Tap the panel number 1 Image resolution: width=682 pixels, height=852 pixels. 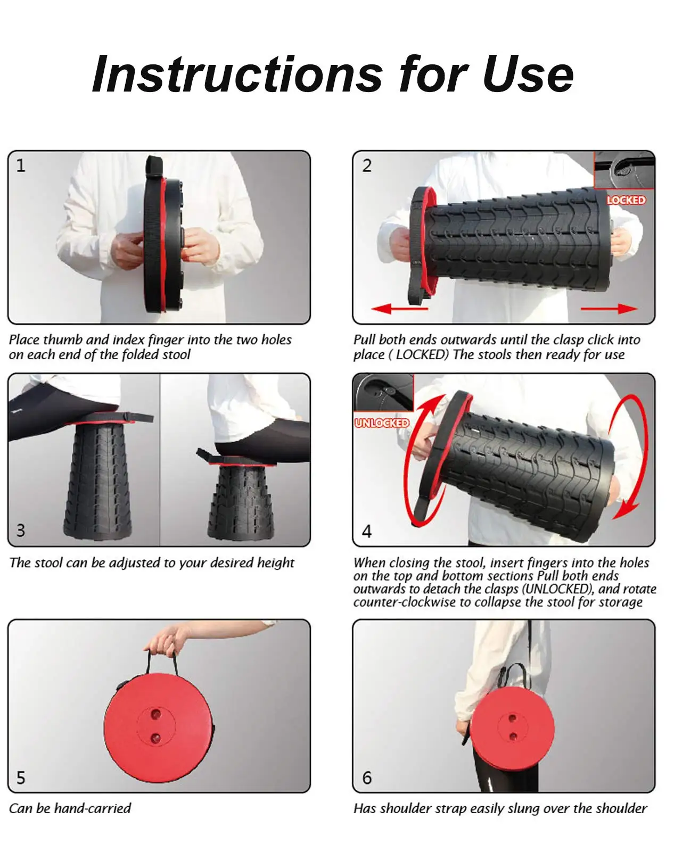tap(21, 166)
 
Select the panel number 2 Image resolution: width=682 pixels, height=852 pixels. tap(367, 166)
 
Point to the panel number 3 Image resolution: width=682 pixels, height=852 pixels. tap(21, 530)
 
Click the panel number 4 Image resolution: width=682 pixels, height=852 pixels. tap(367, 531)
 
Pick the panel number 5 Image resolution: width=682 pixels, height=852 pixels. tap(21, 777)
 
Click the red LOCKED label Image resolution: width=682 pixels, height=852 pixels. tap(626, 200)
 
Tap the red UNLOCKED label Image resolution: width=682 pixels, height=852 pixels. tap(382, 423)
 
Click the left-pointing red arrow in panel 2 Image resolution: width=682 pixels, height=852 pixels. tap(400, 309)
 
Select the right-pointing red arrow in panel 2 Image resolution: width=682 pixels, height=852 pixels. tap(609, 309)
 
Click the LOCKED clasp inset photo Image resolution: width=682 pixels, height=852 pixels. tap(624, 171)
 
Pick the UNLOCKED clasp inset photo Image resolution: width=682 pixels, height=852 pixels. tap(383, 393)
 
